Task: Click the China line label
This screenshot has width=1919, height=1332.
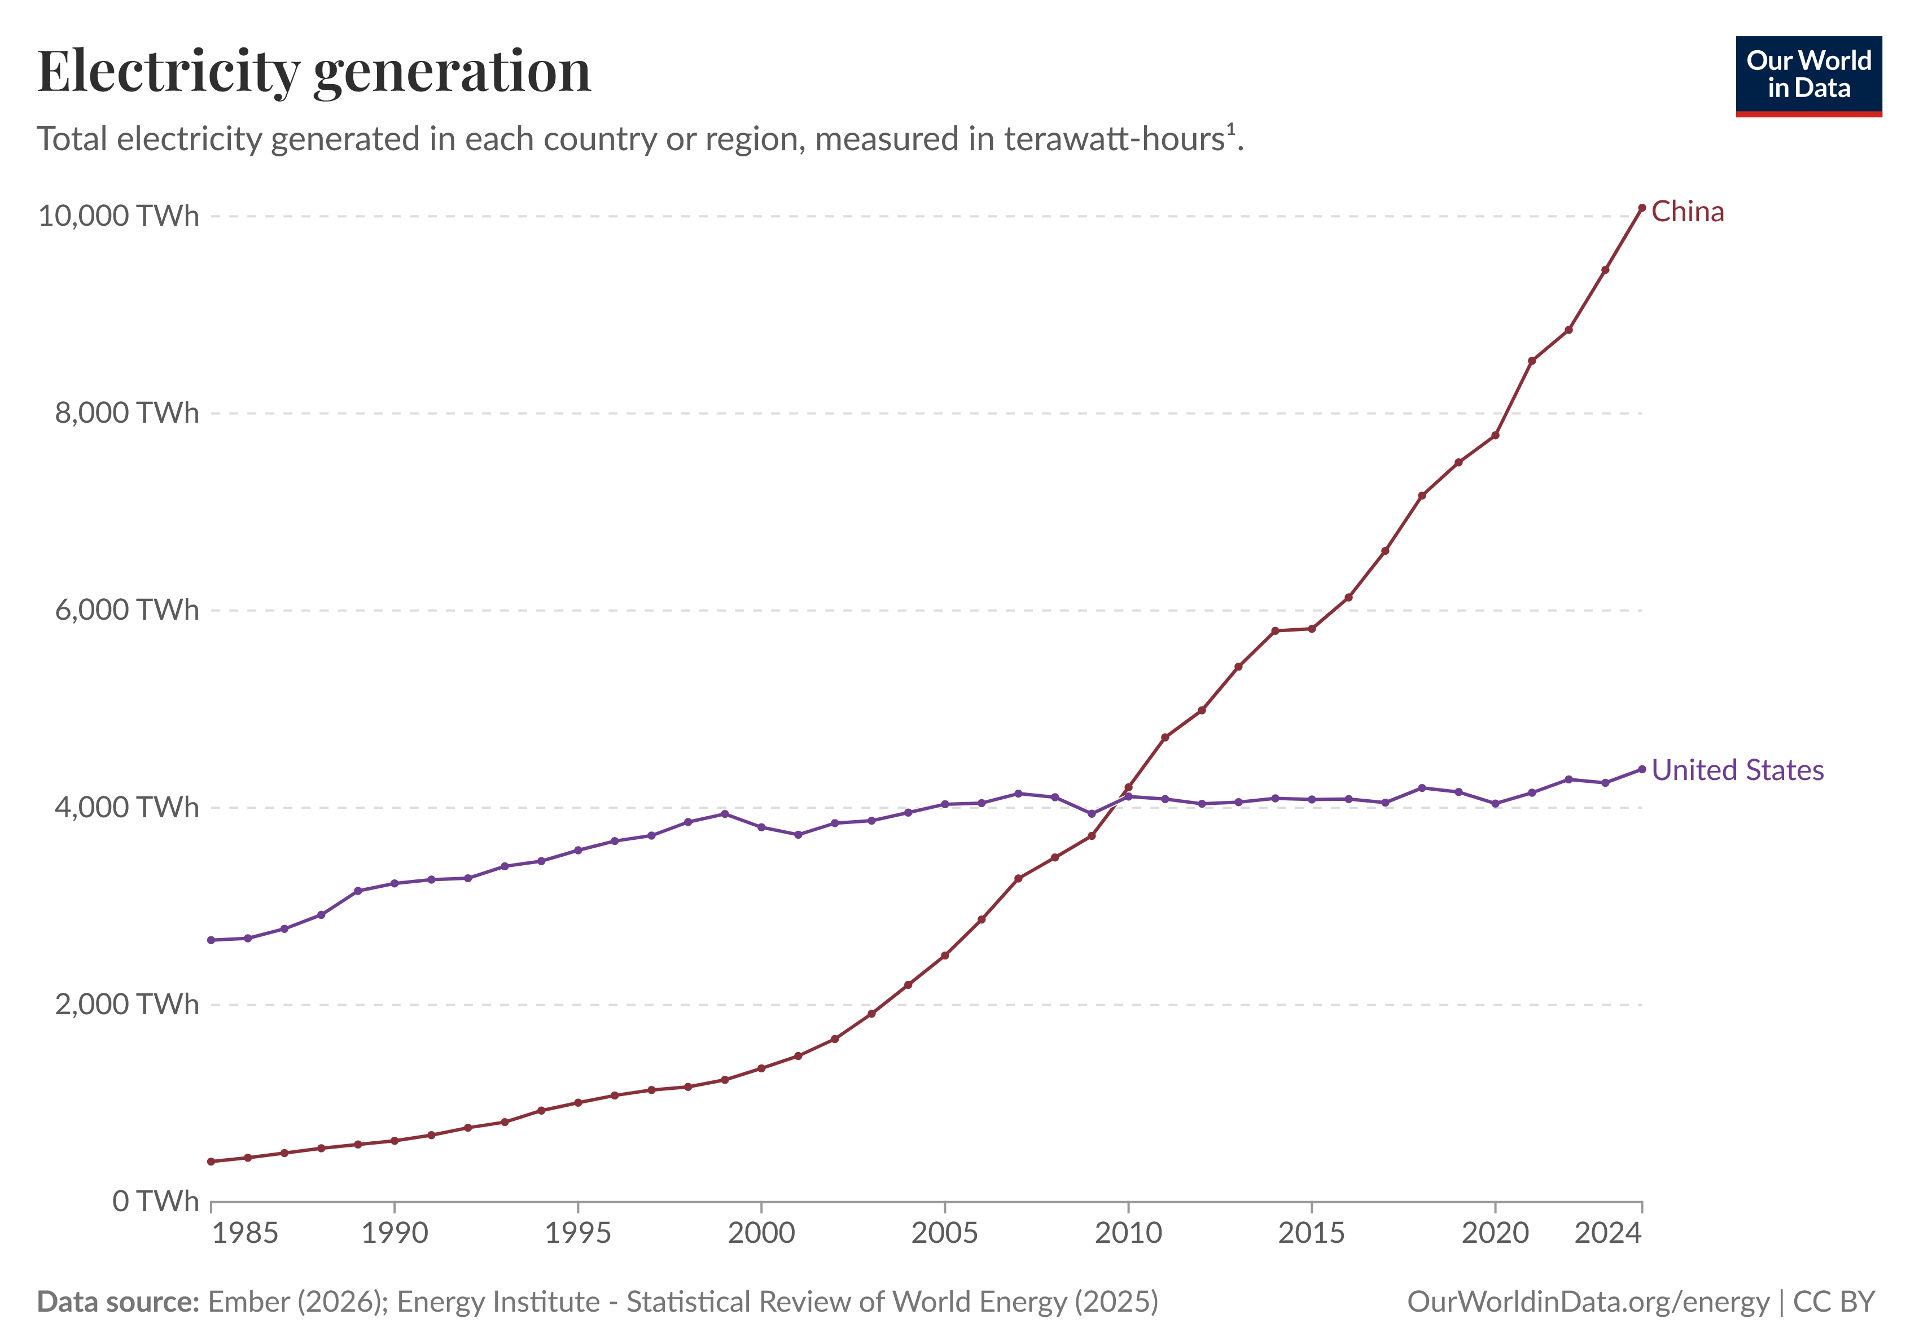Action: point(1687,212)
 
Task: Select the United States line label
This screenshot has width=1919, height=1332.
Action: point(1737,770)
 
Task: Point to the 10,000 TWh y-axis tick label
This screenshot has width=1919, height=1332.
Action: point(119,216)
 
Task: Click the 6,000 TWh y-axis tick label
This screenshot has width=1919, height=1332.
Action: point(127,610)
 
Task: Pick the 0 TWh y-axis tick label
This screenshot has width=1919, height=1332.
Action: point(155,1201)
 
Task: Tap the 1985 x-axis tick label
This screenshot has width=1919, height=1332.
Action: point(244,1233)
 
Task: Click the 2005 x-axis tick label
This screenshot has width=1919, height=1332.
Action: point(944,1233)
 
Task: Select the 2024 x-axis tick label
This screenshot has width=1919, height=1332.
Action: point(1607,1233)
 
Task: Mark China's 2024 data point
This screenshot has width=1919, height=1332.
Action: point(1642,208)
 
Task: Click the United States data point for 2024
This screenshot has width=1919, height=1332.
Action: point(1642,769)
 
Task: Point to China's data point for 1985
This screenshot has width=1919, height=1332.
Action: point(211,1162)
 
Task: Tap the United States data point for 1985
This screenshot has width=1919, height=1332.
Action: point(211,940)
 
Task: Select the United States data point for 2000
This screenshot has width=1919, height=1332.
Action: point(761,827)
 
